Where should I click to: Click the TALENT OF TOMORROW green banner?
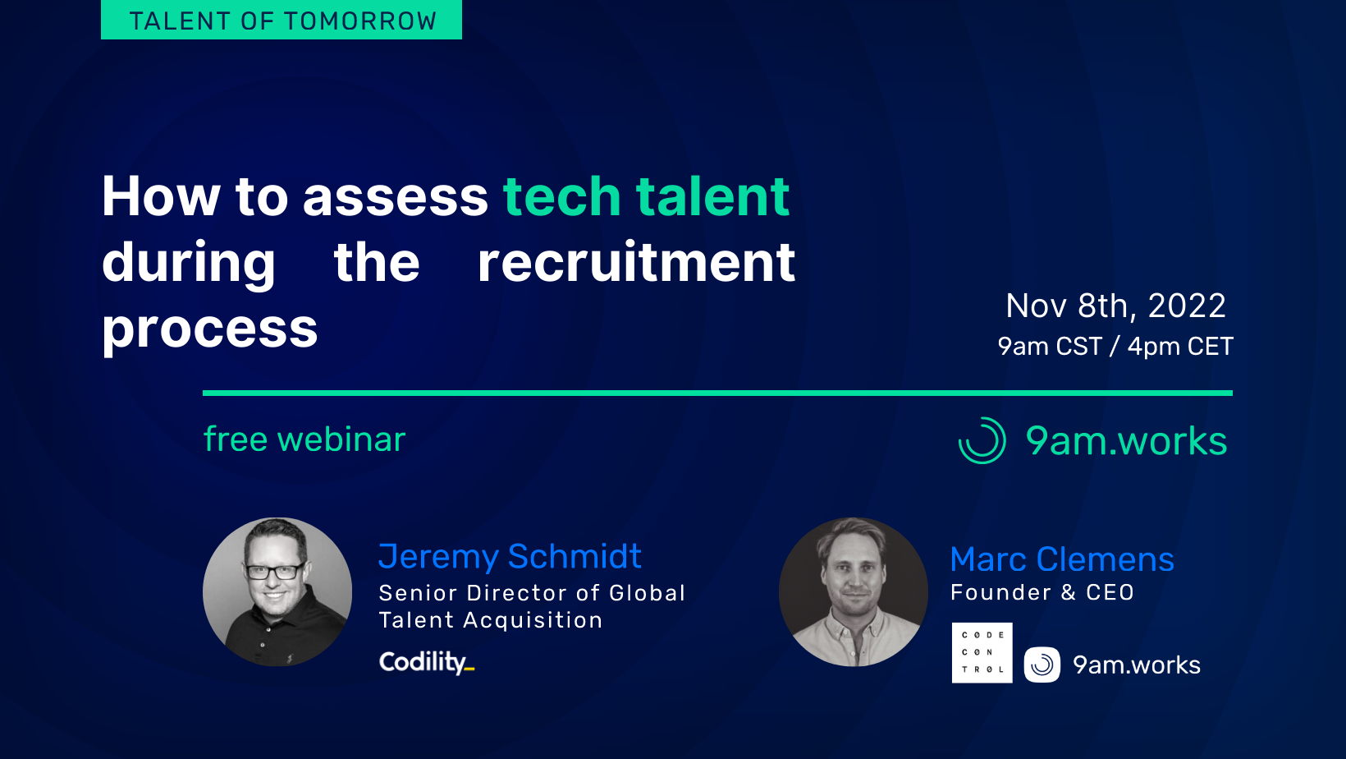(282, 20)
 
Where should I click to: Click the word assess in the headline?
(395, 197)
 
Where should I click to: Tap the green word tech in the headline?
(561, 197)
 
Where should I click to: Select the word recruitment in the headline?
(636, 263)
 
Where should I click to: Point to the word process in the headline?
(209, 329)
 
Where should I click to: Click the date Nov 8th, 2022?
(1115, 306)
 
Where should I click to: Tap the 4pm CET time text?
(1179, 347)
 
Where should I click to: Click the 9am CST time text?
(1049, 347)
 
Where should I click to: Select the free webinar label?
(304, 439)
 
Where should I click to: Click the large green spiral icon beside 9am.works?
(982, 441)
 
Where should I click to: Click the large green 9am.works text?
(1126, 441)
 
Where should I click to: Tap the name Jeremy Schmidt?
(510, 557)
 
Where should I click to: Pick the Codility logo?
(426, 662)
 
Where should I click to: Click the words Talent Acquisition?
(491, 620)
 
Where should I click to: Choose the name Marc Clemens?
(1062, 559)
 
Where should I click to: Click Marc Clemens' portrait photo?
(854, 591)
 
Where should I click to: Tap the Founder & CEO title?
(1042, 592)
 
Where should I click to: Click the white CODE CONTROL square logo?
(982, 652)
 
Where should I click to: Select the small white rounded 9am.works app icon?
(1042, 665)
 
